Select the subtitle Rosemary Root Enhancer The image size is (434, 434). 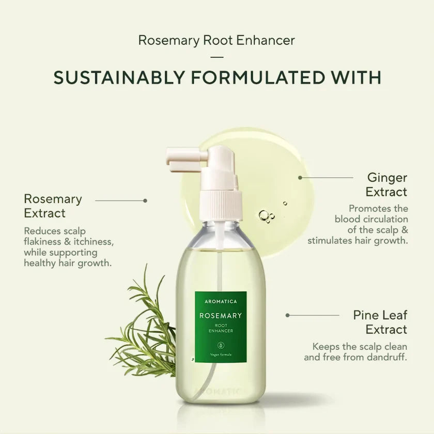pos(216,41)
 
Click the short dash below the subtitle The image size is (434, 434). pos(217,57)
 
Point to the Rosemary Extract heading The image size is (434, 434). pos(53,206)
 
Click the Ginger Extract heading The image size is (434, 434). pos(387,184)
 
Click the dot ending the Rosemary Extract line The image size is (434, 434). pos(145,200)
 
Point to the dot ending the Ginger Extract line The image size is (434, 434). pos(300,177)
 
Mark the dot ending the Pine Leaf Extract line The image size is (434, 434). pos(287,315)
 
